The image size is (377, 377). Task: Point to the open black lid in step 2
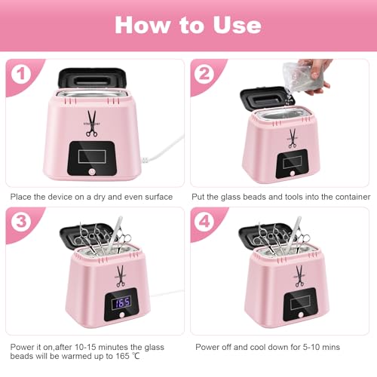[x=260, y=98]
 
